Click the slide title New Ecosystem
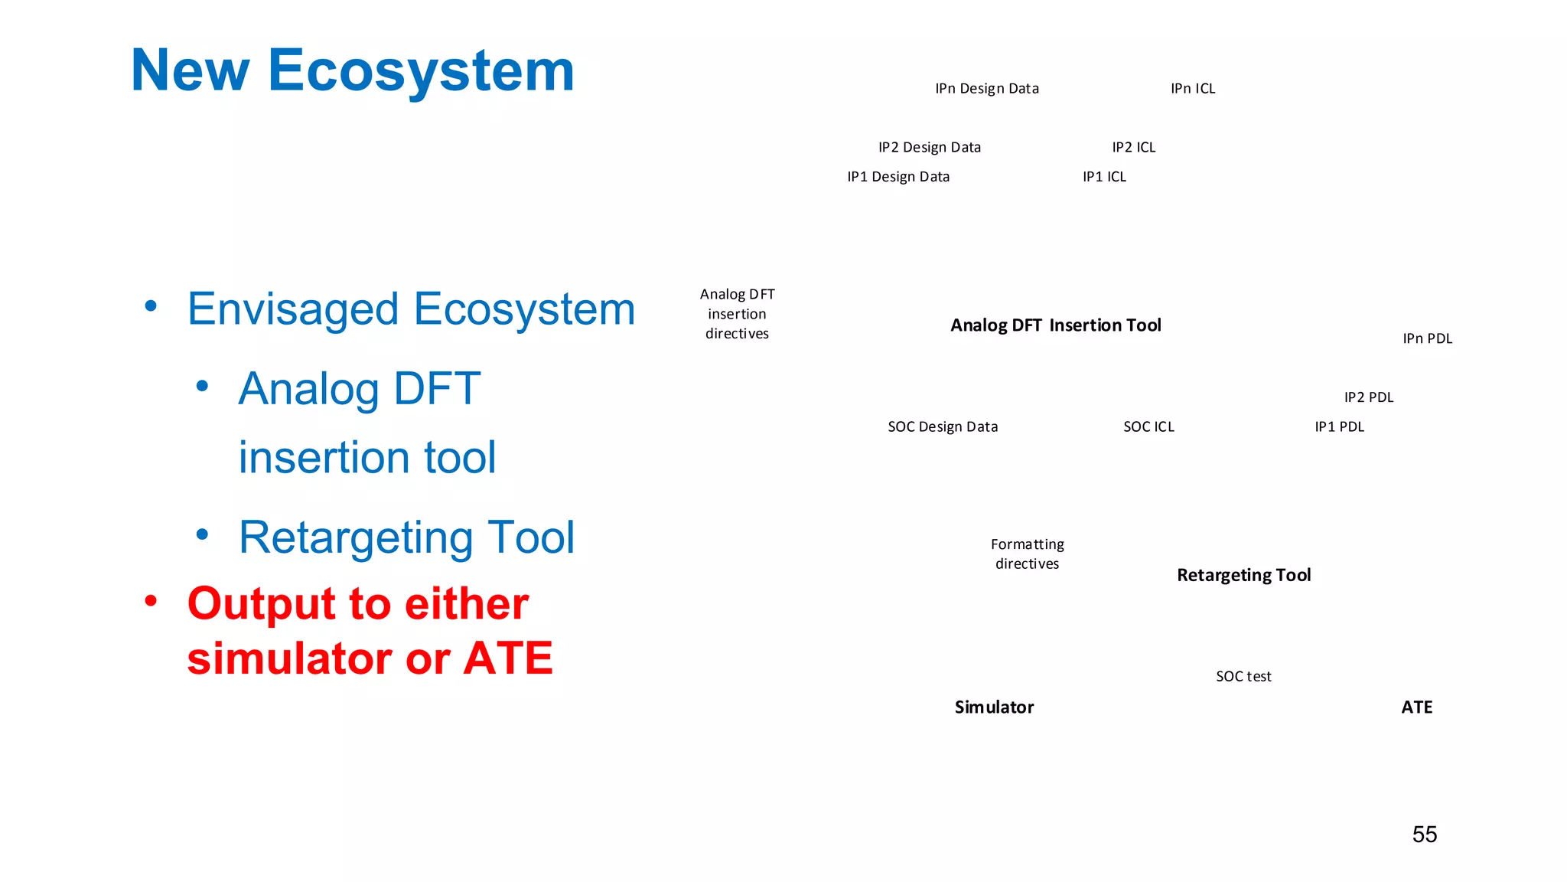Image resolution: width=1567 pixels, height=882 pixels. pyautogui.click(x=352, y=70)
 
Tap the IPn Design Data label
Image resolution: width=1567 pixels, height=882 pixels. pyautogui.click(x=986, y=89)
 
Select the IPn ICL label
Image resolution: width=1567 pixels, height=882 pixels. pyautogui.click(x=1192, y=89)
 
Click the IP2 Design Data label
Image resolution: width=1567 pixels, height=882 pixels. pyautogui.click(x=929, y=147)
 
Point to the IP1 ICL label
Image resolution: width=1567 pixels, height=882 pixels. pyautogui.click(x=1103, y=177)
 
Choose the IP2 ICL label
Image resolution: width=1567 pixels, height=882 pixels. pyautogui.click(x=1133, y=147)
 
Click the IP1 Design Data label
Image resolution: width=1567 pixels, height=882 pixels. pyautogui.click(x=898, y=177)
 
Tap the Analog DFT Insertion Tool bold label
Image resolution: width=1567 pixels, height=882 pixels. pyautogui.click(x=1055, y=325)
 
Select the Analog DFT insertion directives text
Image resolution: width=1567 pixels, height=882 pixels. pyautogui.click(x=737, y=314)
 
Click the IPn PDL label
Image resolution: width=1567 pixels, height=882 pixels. pyautogui.click(x=1427, y=338)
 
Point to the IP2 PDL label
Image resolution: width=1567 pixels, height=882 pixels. pyautogui.click(x=1368, y=397)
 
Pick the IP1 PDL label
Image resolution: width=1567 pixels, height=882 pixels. pyautogui.click(x=1339, y=426)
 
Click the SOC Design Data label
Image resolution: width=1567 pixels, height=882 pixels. pyautogui.click(x=942, y=426)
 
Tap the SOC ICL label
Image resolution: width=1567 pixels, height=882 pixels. pyautogui.click(x=1148, y=426)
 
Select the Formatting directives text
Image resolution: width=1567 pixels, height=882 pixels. pyautogui.click(x=1027, y=554)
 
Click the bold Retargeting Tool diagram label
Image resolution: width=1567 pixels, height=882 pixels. pyautogui.click(x=1243, y=575)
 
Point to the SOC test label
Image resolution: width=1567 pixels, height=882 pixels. pyautogui.click(x=1243, y=676)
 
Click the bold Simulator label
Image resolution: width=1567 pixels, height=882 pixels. pyautogui.click(x=993, y=707)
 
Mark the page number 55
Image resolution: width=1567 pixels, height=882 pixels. pyautogui.click(x=1424, y=834)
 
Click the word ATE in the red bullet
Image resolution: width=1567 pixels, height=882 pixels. pyautogui.click(x=507, y=658)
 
